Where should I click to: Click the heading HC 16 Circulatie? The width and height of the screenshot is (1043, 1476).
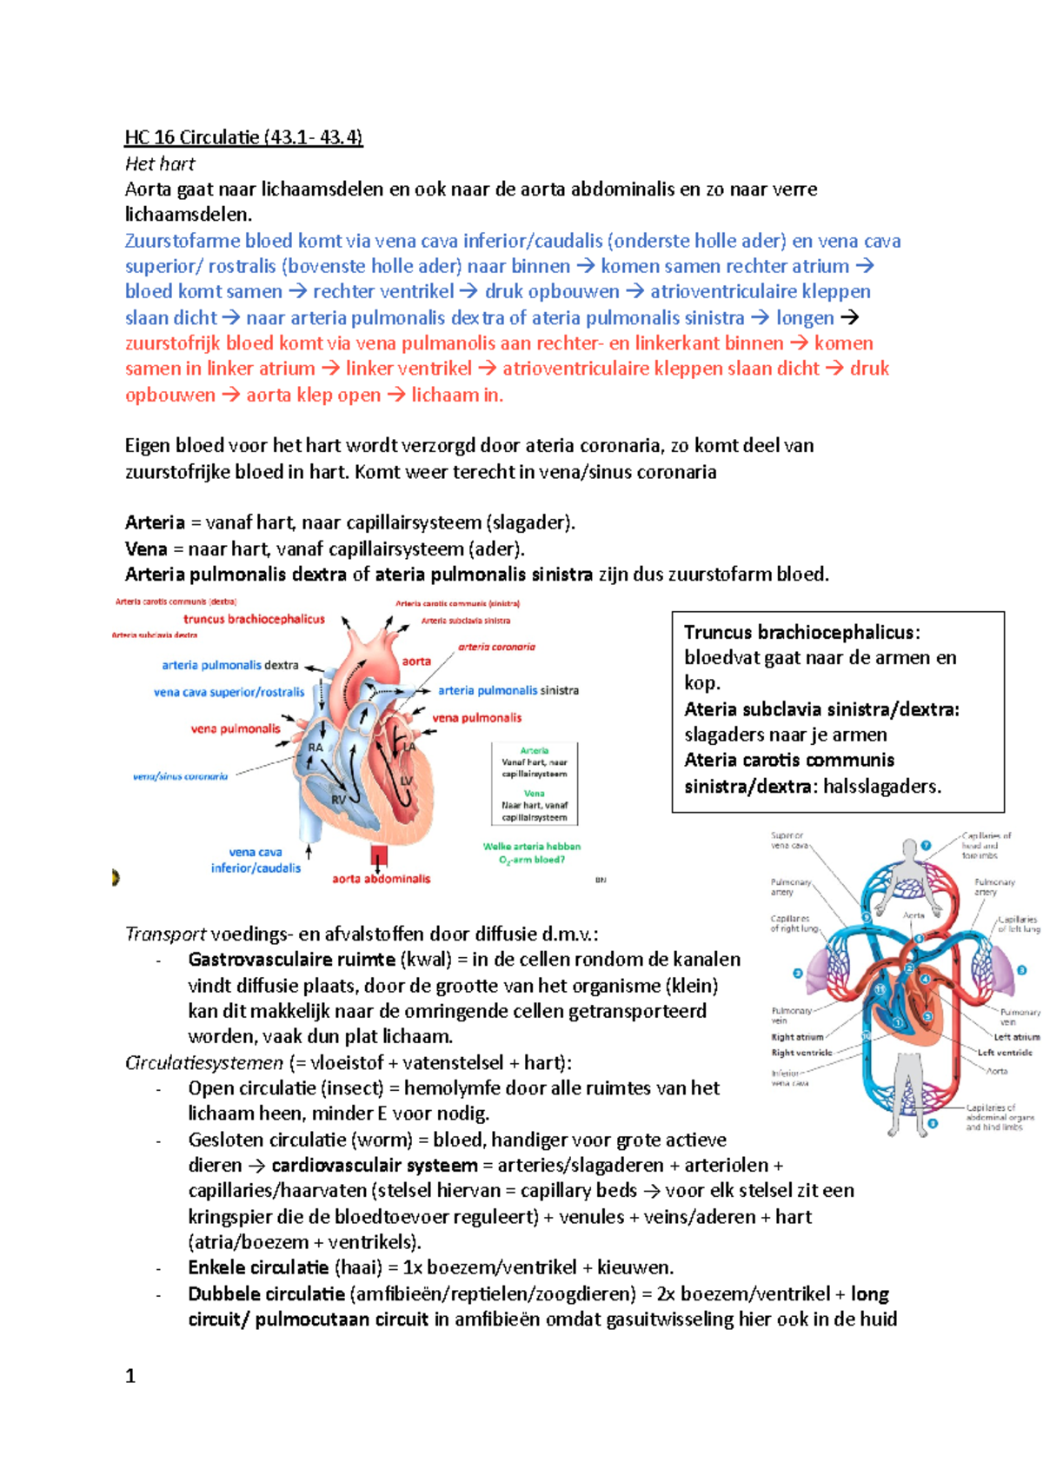243,137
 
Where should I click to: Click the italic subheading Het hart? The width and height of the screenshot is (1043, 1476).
160,163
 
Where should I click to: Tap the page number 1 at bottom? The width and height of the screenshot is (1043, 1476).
130,1375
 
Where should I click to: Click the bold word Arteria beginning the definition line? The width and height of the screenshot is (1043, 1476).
155,522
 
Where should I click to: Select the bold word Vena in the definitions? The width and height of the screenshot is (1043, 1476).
145,549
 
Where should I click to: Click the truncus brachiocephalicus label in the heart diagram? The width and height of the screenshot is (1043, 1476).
254,619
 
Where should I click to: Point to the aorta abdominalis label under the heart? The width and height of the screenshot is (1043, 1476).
381,879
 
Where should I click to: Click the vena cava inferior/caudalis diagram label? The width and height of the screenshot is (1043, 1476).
256,860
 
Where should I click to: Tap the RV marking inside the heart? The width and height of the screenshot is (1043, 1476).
338,800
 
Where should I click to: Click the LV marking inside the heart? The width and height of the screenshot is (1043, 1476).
406,781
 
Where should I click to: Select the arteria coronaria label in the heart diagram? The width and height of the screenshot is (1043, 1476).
496,647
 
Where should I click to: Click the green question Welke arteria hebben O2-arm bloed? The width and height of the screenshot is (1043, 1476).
531,853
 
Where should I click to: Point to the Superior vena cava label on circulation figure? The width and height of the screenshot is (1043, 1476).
787,840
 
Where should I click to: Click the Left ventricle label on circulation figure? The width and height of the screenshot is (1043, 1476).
1004,1053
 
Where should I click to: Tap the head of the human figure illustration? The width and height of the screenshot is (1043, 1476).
909,848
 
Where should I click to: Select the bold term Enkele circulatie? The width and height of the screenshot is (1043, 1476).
258,1267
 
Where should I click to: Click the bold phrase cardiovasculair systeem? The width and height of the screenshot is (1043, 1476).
374,1165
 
